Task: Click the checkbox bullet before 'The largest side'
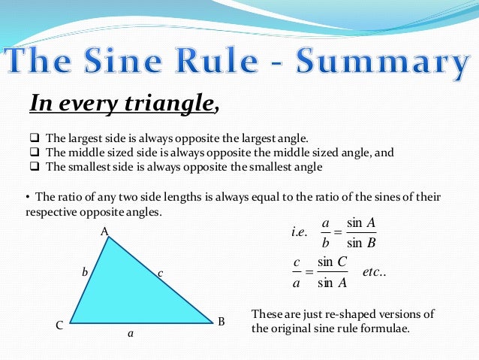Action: click(34, 139)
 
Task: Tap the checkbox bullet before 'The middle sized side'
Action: click(34, 153)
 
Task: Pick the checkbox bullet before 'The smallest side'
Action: click(34, 167)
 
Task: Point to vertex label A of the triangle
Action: click(105, 232)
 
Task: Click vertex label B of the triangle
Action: click(221, 322)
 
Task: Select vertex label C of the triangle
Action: click(59, 326)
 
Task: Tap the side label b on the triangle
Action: click(84, 274)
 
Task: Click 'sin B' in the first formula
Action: click(361, 243)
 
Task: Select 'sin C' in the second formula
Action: click(331, 261)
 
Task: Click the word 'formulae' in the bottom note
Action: click(384, 328)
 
